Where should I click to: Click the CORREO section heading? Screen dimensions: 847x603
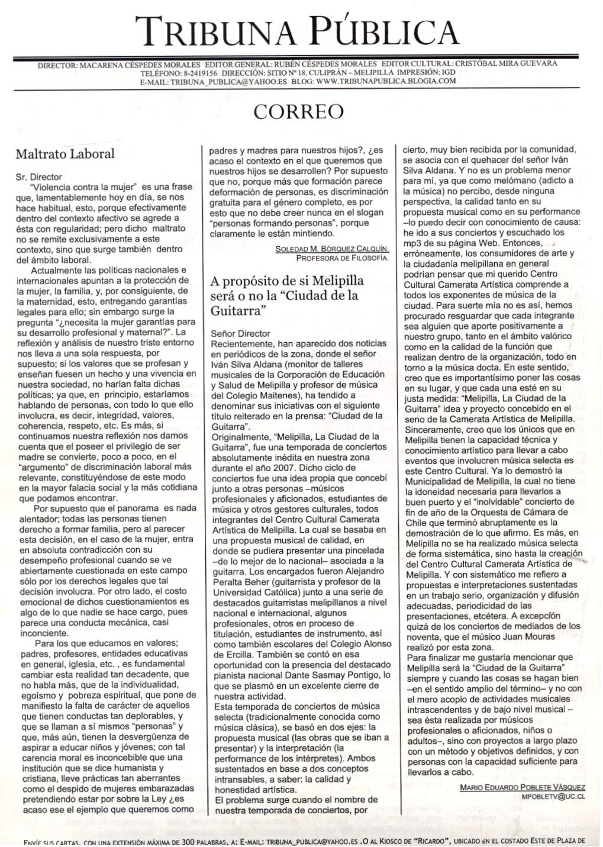(298, 111)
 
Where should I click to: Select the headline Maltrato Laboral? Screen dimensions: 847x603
(65, 154)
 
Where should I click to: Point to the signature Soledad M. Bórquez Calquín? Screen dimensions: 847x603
(332, 249)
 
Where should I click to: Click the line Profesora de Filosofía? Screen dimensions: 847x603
(342, 258)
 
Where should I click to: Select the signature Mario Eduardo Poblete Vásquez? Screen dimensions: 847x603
(522, 787)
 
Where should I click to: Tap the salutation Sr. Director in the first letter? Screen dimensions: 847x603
(38, 176)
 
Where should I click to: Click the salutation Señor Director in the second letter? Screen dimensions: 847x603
(240, 333)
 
